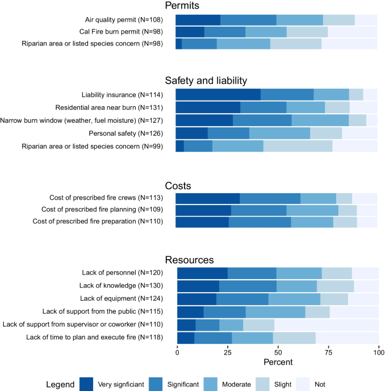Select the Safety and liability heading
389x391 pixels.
[206, 80]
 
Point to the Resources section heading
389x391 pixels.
[189, 260]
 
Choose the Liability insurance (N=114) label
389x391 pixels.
[123, 94]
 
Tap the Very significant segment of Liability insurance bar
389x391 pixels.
[217, 94]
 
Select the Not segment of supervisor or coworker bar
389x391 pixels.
[327, 325]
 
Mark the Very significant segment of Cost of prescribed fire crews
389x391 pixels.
[207, 198]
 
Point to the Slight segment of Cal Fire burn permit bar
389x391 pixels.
[307, 32]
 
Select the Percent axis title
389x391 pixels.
[278, 362]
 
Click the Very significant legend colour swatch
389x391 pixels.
[86, 384]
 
